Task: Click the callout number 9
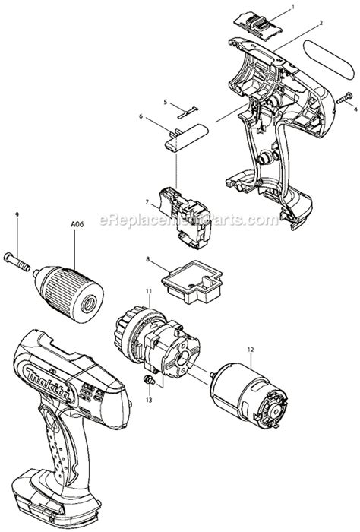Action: pyautogui.click(x=15, y=215)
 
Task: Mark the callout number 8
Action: pyautogui.click(x=147, y=259)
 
